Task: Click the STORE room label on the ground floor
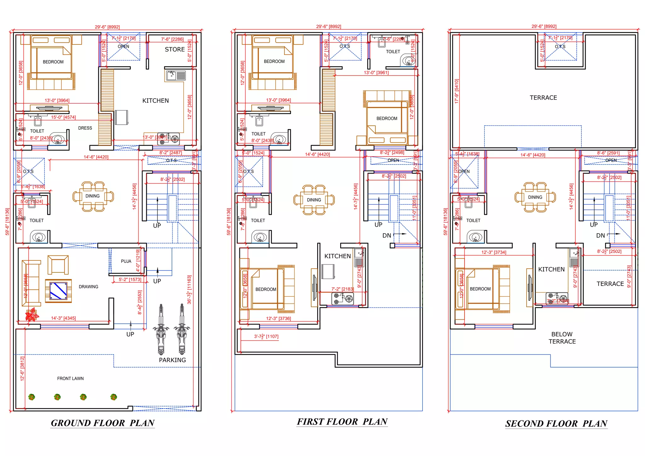(175, 49)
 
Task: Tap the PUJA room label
(126, 261)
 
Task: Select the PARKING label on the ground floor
(172, 360)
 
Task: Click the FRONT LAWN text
(70, 379)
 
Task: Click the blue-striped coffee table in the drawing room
(59, 291)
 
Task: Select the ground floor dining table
(93, 196)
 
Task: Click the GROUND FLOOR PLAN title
(103, 423)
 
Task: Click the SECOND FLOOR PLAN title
(556, 424)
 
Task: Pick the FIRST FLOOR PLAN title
(342, 422)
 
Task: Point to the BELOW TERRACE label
(562, 338)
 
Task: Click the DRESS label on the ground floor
(85, 128)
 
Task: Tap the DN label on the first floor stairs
(387, 236)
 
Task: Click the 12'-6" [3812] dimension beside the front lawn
(22, 368)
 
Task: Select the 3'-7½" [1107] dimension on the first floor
(266, 336)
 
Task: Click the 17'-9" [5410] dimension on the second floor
(457, 91)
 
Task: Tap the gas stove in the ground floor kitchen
(168, 139)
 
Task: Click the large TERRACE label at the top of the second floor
(543, 98)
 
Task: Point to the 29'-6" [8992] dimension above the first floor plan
(328, 26)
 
